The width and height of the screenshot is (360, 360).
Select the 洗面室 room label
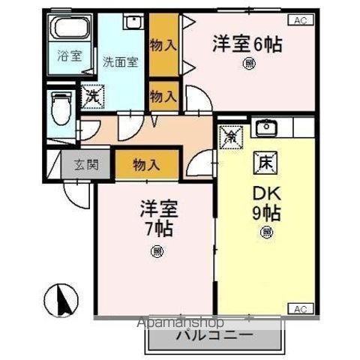pyautogui.click(x=120, y=62)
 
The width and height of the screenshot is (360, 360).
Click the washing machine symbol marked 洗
pyautogui.click(x=93, y=96)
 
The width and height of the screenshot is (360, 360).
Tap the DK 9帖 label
pyautogui.click(x=266, y=202)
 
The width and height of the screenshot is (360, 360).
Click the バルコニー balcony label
pyautogui.click(x=214, y=335)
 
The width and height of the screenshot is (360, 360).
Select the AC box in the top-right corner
pyautogui.click(x=300, y=20)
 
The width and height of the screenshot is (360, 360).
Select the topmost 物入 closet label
pyautogui.click(x=163, y=45)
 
